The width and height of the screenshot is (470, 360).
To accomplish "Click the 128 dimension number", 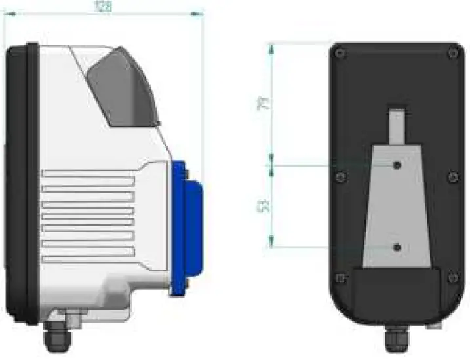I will point(104,7).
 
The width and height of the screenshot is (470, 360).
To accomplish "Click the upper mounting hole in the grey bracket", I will point(398,165).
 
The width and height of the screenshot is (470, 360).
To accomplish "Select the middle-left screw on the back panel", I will point(339,177).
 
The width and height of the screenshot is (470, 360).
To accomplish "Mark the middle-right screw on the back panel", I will point(453,177).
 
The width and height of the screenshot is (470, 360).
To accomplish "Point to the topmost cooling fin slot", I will point(88,174).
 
